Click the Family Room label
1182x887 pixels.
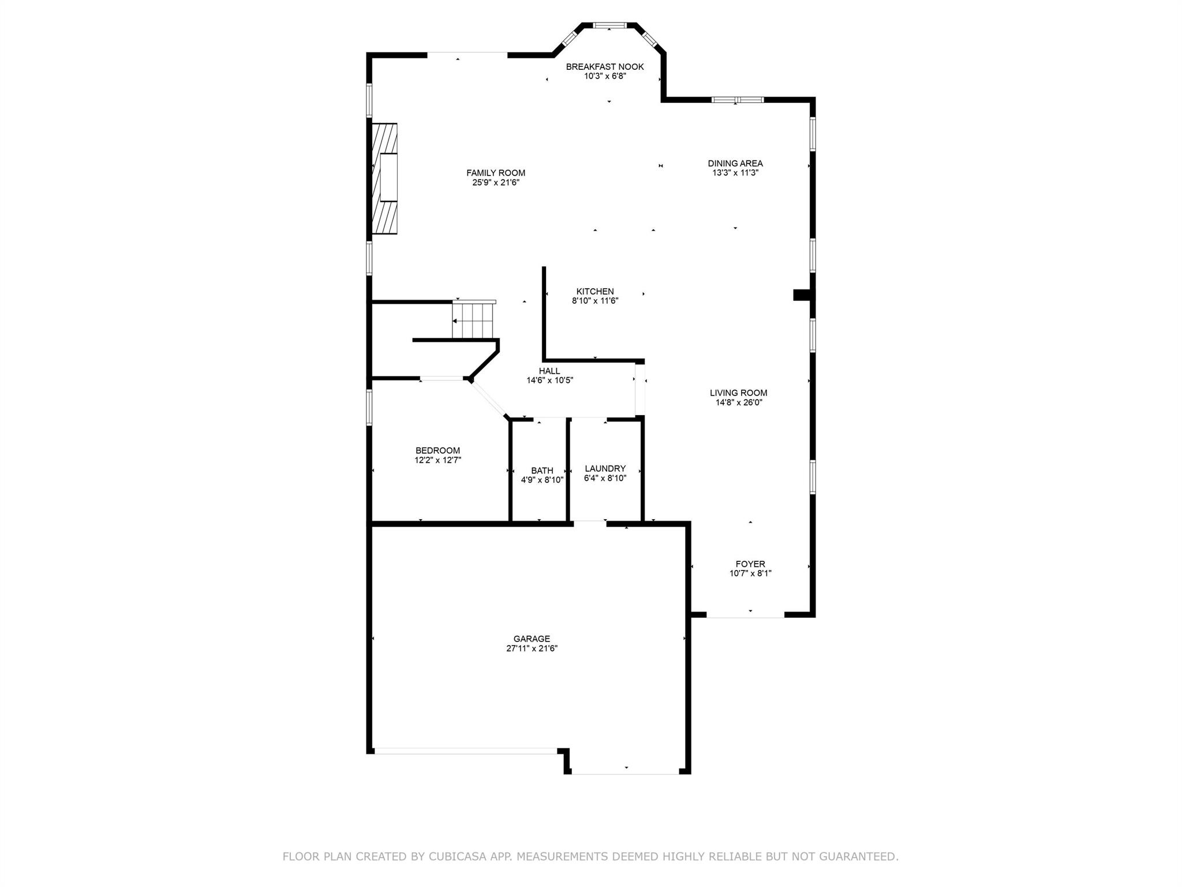(496, 173)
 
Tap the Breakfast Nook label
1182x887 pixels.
(605, 66)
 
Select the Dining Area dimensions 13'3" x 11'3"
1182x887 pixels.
(735, 172)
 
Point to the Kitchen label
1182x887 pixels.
(595, 292)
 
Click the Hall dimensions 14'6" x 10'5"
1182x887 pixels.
(549, 380)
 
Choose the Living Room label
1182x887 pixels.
(739, 393)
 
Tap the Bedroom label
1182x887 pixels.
(438, 451)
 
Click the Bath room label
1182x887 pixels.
(542, 471)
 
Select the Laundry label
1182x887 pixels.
(605, 469)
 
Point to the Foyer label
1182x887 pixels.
(750, 564)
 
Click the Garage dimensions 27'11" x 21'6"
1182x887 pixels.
(532, 648)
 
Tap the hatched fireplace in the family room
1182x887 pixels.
(385, 178)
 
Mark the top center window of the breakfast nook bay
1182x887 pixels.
(609, 25)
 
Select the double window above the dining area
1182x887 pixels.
(738, 100)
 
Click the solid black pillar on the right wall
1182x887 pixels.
(803, 295)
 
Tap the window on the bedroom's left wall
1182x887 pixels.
(369, 408)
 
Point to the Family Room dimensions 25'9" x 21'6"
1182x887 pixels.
(496, 182)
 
